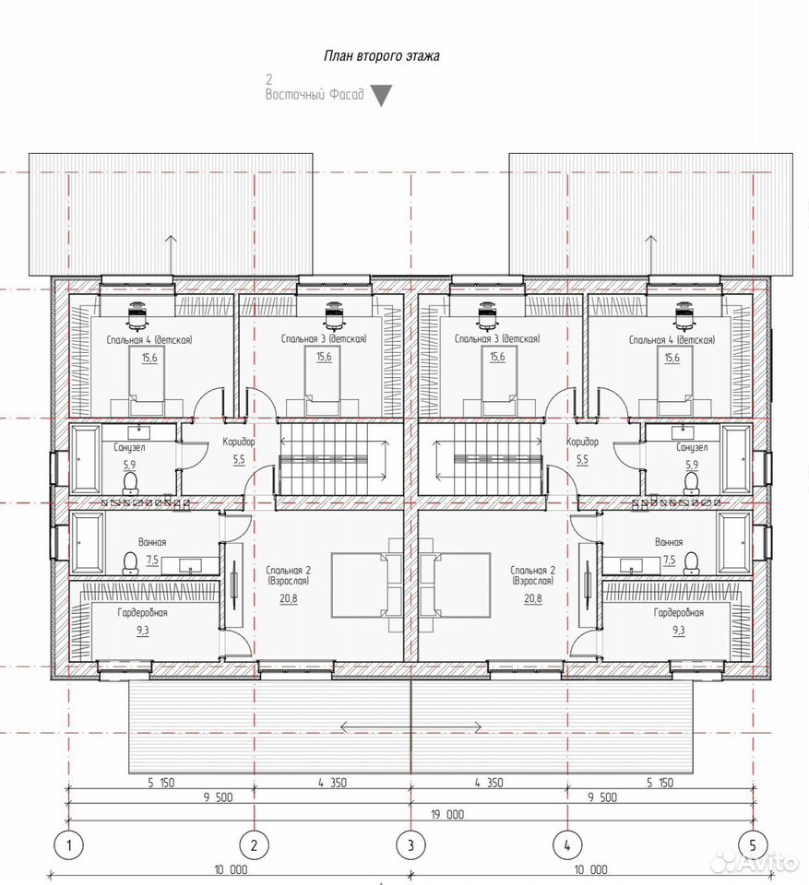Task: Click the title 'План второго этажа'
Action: tap(382, 56)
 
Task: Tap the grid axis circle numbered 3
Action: tap(410, 845)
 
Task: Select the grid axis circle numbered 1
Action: tap(68, 845)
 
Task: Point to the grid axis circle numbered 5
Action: tap(753, 845)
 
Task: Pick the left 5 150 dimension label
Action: tap(161, 783)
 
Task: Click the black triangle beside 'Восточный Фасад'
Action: tap(381, 96)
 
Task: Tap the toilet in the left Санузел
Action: tap(130, 483)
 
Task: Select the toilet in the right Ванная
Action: tap(690, 562)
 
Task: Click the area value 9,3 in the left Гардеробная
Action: tap(142, 631)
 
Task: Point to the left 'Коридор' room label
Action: tap(238, 442)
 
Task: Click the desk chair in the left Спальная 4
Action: tap(137, 315)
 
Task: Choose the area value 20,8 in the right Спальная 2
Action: tap(532, 598)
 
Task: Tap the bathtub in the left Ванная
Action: tap(88, 542)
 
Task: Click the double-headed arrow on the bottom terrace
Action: tap(410, 726)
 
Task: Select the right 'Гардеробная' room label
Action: tap(678, 613)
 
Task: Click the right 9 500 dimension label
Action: tap(602, 797)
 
